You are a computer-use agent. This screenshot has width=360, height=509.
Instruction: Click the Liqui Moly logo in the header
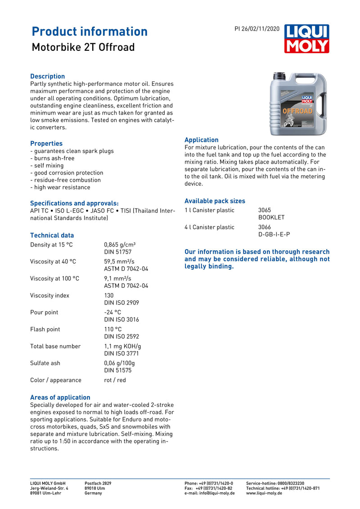coord(306,39)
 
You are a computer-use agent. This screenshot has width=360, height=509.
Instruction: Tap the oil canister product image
coord(298,104)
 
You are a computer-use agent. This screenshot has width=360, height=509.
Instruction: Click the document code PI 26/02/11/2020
coord(257,29)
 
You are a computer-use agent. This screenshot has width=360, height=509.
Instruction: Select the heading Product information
coord(90,31)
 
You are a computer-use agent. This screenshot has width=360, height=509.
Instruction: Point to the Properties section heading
coord(46,143)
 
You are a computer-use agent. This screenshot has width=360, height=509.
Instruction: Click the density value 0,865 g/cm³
coord(120,245)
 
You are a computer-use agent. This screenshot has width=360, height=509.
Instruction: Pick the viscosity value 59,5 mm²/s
coord(119,262)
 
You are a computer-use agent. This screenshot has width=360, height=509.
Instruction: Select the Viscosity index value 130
coord(109,295)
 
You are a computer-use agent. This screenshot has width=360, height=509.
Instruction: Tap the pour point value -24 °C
coord(112,313)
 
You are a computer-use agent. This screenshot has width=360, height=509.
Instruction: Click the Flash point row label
coord(45,329)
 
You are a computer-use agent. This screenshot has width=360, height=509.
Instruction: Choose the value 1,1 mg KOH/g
coord(122,346)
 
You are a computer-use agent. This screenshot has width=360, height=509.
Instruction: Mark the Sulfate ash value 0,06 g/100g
coord(119,363)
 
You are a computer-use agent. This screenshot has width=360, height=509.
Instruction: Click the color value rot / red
coord(115,380)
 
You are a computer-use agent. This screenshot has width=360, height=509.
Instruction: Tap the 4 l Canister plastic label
coord(209,227)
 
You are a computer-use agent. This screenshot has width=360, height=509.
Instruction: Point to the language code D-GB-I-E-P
coord(274,234)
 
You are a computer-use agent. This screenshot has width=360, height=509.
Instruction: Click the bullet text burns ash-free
coord(53,158)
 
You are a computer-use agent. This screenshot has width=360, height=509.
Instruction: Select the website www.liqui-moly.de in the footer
coord(264,493)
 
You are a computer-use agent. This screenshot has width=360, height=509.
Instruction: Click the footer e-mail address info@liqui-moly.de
coord(210,493)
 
